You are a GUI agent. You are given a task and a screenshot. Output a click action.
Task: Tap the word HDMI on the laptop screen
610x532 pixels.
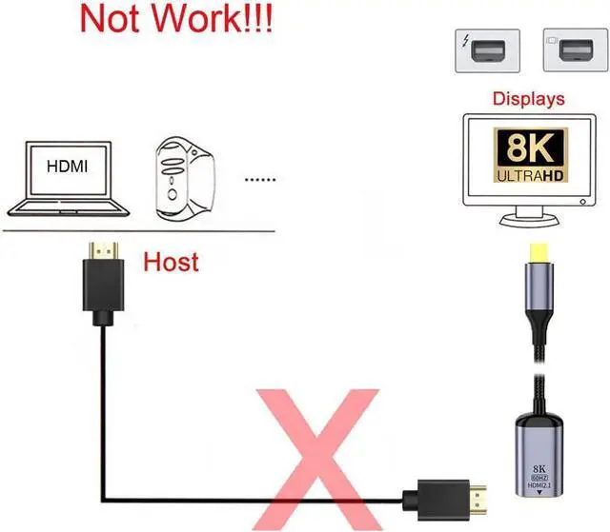point(67,167)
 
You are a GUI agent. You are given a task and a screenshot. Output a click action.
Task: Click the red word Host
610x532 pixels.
point(171,261)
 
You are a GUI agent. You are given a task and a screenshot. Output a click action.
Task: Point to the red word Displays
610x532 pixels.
point(528,98)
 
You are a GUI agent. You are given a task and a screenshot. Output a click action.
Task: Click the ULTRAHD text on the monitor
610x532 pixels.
point(527,176)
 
